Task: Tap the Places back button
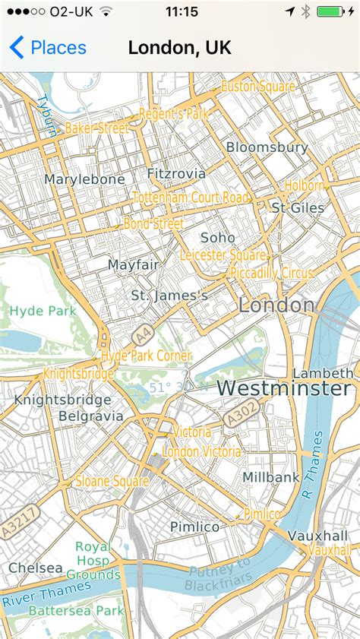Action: tap(47, 48)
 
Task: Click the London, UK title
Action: tap(180, 48)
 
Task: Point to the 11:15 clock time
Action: tap(181, 11)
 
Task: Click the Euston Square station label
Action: tap(257, 87)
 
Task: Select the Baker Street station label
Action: tap(96, 128)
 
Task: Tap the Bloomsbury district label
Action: tap(267, 147)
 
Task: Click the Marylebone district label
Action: tap(84, 179)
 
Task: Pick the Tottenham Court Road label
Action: tap(191, 198)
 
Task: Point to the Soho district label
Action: tap(218, 238)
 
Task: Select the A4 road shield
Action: tap(141, 335)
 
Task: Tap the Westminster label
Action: tap(284, 388)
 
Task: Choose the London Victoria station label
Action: tap(201, 452)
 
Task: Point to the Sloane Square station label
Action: tap(112, 481)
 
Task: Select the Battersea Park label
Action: tap(76, 610)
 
